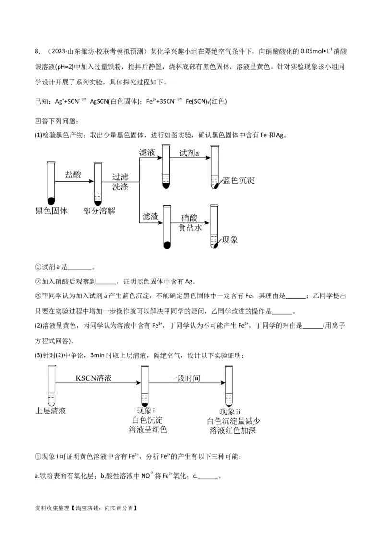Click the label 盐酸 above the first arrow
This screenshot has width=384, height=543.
73,175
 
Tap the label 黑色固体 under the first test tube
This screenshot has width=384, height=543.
51,211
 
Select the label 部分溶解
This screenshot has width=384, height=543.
99,211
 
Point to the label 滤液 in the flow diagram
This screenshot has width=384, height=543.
147,153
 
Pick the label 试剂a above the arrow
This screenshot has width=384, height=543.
189,153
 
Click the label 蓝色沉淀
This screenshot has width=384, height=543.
239,180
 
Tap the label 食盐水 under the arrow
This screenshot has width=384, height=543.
190,228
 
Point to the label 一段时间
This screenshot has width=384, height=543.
185,378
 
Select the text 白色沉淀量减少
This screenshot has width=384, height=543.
233,421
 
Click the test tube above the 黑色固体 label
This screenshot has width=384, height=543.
51,182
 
